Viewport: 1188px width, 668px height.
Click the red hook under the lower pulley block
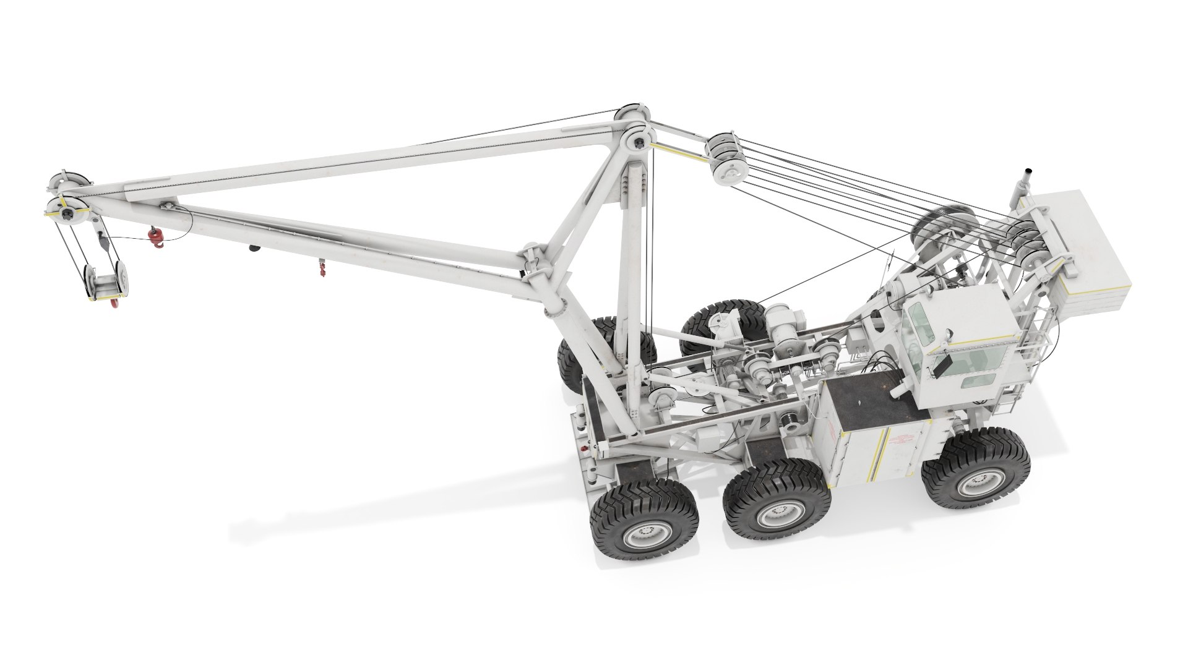point(114,302)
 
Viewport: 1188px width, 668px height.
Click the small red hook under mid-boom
point(322,268)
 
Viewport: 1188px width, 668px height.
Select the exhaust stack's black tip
point(1028,171)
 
